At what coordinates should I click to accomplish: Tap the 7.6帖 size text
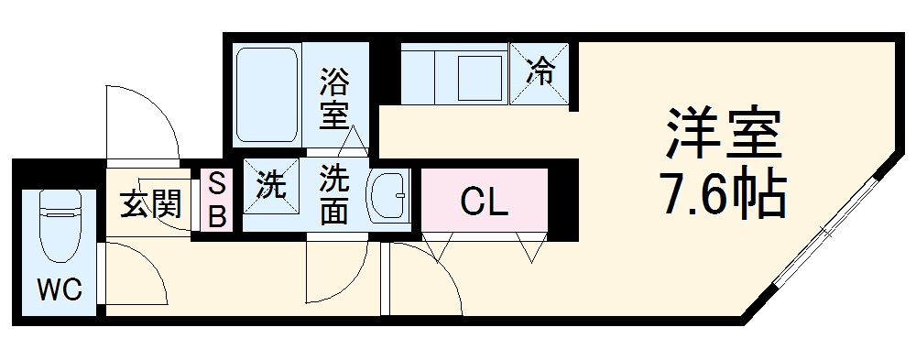coord(723,193)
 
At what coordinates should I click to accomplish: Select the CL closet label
coord(484,202)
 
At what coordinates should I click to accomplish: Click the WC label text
coord(60,291)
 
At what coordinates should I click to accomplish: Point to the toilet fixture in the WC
coord(60,224)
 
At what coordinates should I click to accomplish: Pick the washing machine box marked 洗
coord(271,187)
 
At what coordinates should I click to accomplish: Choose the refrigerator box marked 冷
coord(541,72)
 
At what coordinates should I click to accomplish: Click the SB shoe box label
coord(216,200)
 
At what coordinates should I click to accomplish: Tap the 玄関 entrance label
coord(149,201)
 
